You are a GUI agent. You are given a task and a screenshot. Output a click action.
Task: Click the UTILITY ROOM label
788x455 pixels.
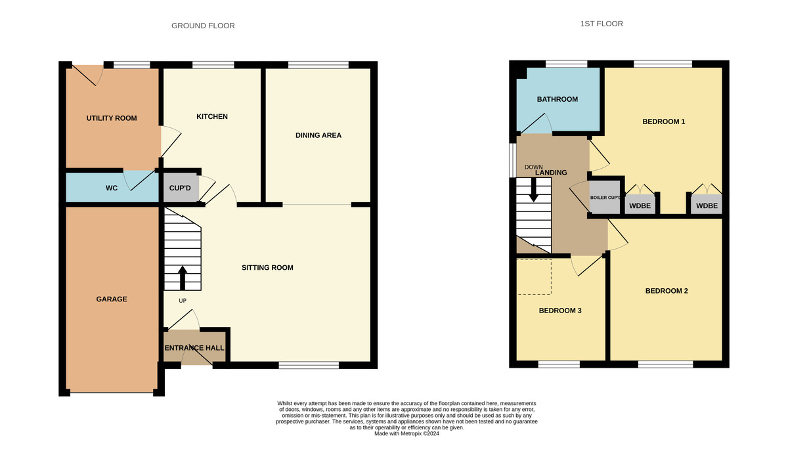(x=112, y=118)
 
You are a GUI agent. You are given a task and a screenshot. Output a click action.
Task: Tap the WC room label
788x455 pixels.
(x=112, y=188)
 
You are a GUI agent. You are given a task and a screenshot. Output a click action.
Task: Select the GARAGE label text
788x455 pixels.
(x=111, y=299)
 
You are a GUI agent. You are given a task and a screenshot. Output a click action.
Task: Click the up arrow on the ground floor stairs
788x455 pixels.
(x=182, y=278)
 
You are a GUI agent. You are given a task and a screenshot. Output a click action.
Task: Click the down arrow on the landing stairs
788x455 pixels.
(x=533, y=190)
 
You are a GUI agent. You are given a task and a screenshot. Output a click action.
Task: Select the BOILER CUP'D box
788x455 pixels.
(x=605, y=198)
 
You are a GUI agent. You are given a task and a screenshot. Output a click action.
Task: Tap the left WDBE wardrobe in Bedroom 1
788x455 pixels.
(x=640, y=206)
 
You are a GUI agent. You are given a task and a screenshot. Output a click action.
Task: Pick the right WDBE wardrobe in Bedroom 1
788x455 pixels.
(x=707, y=206)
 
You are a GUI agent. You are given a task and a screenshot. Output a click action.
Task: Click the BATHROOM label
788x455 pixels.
(x=557, y=99)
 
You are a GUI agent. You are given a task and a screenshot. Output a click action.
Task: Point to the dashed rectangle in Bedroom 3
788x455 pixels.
(x=534, y=276)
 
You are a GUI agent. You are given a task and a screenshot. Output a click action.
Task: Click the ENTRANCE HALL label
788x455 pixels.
(x=194, y=348)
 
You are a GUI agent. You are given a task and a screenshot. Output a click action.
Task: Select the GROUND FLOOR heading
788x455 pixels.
(x=203, y=26)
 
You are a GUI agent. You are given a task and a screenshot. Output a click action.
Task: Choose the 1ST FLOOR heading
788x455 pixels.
(x=602, y=24)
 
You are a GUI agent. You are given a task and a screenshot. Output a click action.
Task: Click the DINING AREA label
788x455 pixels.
(x=318, y=135)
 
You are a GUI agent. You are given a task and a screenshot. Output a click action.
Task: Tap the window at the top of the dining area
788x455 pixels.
(x=318, y=64)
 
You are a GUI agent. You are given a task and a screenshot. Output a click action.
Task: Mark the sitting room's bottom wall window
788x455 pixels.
(x=309, y=365)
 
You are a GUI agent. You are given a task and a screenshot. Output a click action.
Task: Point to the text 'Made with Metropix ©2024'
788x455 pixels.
(x=406, y=433)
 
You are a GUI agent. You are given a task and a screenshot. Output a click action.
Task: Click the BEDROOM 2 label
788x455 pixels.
(x=666, y=291)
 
